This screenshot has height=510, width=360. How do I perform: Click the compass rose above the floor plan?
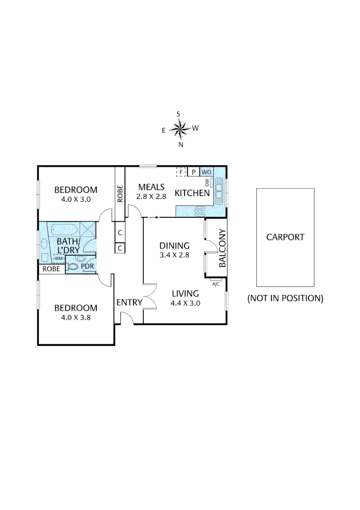point(179,128)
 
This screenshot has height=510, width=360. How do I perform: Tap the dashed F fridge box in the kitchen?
point(181,172)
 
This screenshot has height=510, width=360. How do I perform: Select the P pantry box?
point(193,172)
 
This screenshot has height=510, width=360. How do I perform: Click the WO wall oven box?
point(206,172)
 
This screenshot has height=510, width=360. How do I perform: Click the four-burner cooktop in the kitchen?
point(200,212)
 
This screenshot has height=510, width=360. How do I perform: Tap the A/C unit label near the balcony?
point(216,284)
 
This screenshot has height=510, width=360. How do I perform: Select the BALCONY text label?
point(223,248)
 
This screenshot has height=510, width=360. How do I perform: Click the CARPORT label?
point(285,237)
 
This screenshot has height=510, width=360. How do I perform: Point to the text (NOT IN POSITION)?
point(285,298)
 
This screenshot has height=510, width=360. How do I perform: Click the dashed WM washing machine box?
point(59,258)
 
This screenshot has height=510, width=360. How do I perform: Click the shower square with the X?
point(87,229)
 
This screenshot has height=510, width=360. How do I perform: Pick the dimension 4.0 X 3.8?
point(75,317)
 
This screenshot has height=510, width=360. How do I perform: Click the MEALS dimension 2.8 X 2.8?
point(151,197)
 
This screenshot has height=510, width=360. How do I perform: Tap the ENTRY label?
point(129,302)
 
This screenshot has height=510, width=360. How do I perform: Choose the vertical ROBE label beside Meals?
point(120,194)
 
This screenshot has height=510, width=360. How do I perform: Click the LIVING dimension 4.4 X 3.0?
point(185,303)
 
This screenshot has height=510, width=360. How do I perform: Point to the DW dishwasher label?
point(207,183)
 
